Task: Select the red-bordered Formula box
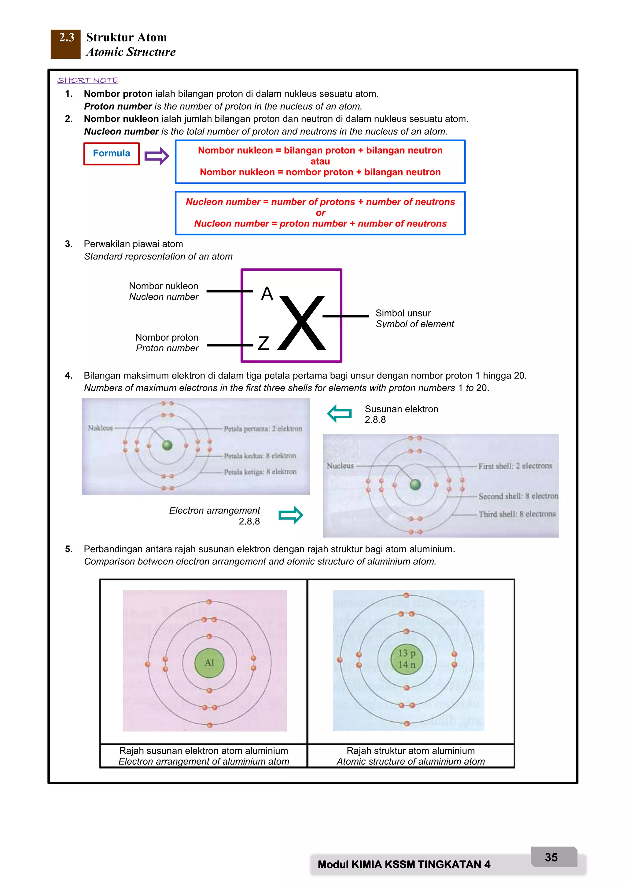(111, 153)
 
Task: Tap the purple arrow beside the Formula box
(156, 156)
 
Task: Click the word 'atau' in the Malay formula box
(320, 161)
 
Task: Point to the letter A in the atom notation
(267, 294)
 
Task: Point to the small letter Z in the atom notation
(263, 343)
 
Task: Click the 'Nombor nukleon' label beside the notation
(164, 286)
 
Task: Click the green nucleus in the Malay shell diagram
(167, 445)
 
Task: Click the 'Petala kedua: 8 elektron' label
(260, 456)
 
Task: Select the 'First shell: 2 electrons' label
(515, 466)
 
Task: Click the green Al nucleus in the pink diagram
(209, 663)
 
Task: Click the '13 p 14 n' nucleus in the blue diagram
(407, 659)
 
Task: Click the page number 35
(551, 857)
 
